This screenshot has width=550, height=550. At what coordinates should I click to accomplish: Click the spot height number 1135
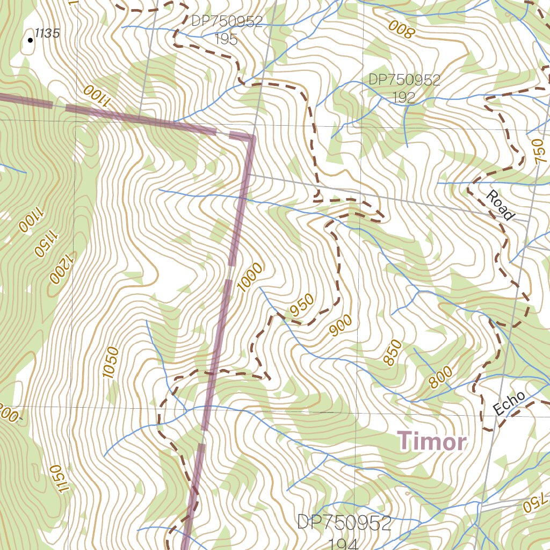pyautogui.click(x=47, y=33)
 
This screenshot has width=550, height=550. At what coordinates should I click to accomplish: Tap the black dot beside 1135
pyautogui.click(x=30, y=39)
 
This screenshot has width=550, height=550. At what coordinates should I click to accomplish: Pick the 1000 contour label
pyautogui.click(x=250, y=278)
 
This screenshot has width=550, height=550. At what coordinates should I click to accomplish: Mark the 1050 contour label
pyautogui.click(x=111, y=363)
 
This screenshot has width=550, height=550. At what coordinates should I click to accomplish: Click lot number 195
pyautogui.click(x=226, y=39)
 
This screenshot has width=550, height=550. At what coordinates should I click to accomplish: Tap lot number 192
pyautogui.click(x=403, y=97)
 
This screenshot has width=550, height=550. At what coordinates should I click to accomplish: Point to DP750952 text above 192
pyautogui.click(x=404, y=80)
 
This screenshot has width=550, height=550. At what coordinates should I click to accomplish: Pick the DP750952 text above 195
pyautogui.click(x=227, y=21)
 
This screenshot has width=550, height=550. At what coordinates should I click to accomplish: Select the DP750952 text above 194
pyautogui.click(x=344, y=523)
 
